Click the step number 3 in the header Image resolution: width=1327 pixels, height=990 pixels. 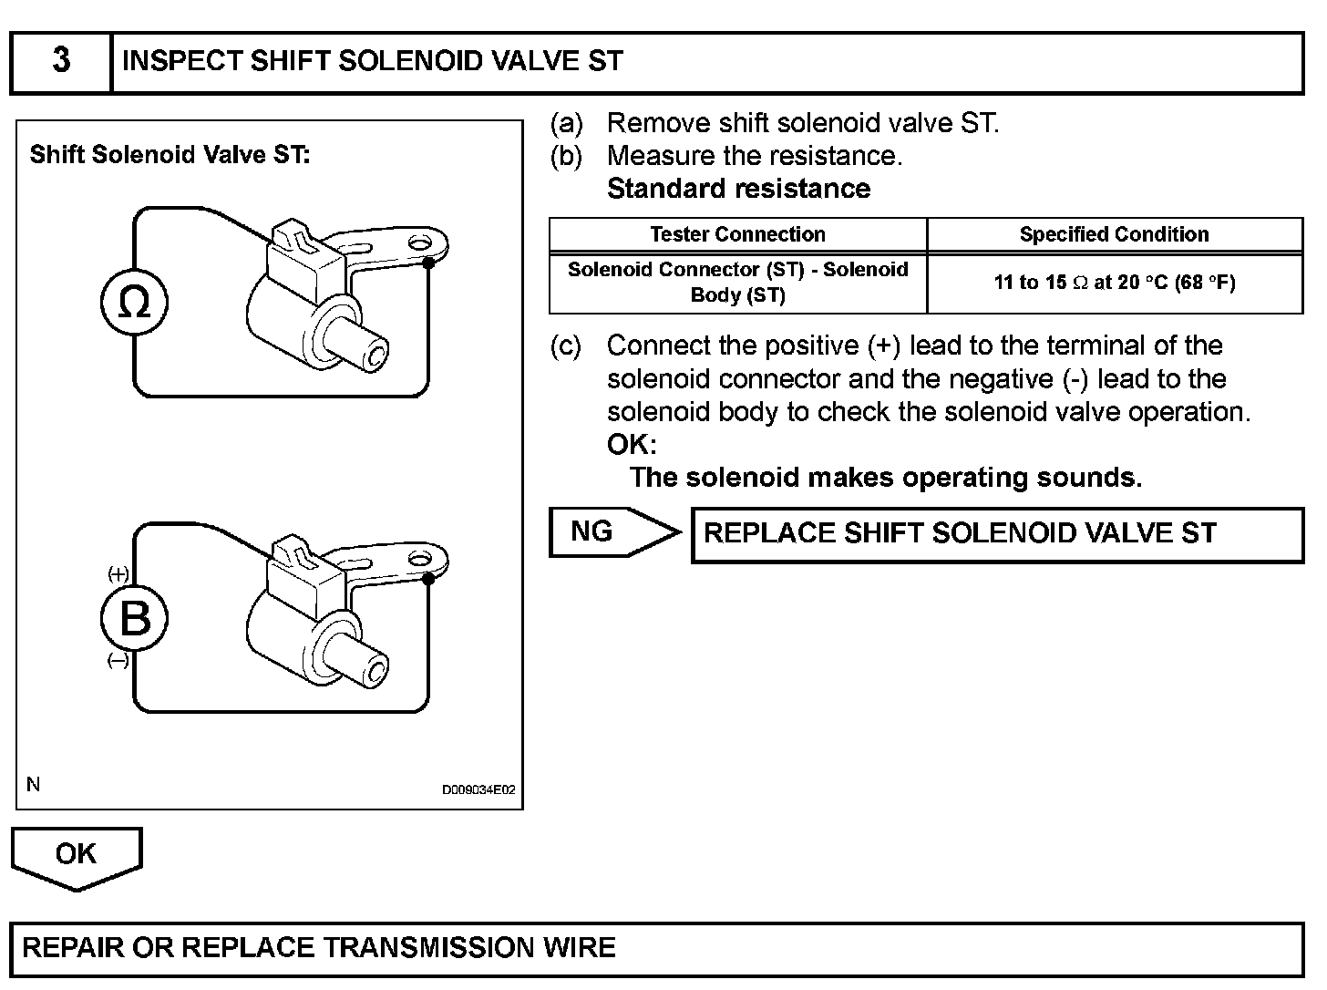point(61,60)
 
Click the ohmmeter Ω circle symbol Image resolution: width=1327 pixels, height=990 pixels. point(135,303)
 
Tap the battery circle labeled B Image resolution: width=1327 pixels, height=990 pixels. point(135,619)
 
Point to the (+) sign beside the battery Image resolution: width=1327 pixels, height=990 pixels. point(118,573)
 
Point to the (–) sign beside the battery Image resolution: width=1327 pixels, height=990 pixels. point(118,661)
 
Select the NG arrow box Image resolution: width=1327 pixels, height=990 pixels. point(612,531)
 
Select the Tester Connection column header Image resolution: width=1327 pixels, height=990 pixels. point(737,234)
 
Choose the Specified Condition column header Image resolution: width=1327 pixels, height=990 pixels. point(1114,234)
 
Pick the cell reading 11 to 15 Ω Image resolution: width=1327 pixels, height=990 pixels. point(1114,283)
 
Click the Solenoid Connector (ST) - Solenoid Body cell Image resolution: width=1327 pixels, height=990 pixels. point(737,282)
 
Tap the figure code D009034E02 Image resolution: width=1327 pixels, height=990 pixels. point(478,789)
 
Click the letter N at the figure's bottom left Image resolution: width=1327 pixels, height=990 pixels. point(34,784)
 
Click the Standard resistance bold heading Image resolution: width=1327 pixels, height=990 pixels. point(738,189)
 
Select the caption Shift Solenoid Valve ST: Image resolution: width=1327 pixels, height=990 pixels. point(170,155)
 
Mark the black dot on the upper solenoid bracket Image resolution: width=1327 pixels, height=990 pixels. point(427,263)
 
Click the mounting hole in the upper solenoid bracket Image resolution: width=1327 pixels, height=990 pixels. point(418,242)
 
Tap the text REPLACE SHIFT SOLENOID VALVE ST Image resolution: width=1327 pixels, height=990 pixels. point(960,533)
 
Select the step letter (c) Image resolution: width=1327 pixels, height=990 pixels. point(565,346)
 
